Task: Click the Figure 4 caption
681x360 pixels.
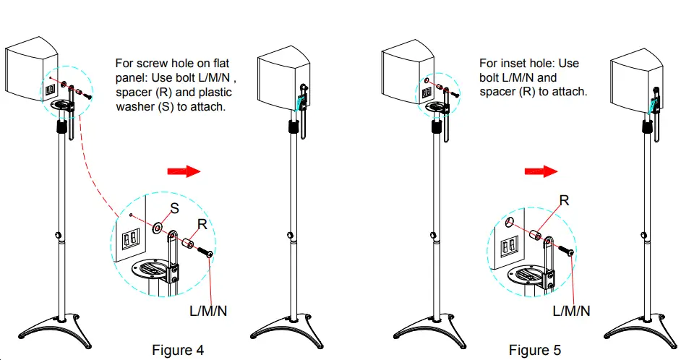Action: pyautogui.click(x=177, y=350)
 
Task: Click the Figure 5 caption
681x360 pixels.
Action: pyautogui.click(x=534, y=350)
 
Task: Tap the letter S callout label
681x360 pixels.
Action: pyautogui.click(x=174, y=209)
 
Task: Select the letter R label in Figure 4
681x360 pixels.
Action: pyautogui.click(x=203, y=225)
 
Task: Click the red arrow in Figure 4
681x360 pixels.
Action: pyautogui.click(x=182, y=171)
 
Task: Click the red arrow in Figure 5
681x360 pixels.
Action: pyautogui.click(x=541, y=171)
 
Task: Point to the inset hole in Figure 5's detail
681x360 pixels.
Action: pyautogui.click(x=510, y=222)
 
